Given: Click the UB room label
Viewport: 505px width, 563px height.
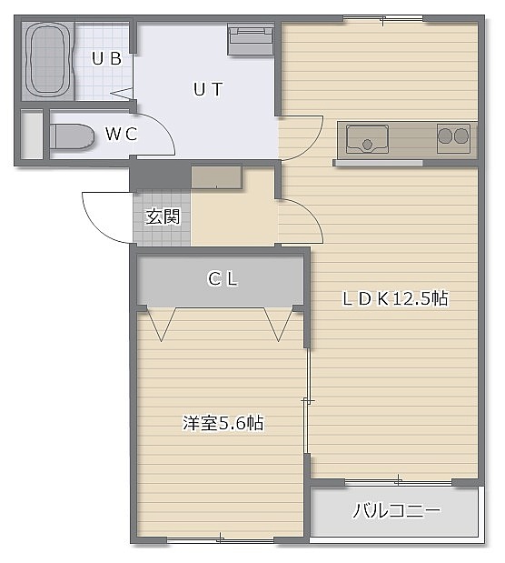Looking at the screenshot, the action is [106, 58].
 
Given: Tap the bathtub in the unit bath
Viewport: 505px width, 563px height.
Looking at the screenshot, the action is [48, 60].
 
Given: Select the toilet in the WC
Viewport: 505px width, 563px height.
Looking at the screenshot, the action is [72, 136].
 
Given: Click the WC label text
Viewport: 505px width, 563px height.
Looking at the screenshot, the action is [122, 135].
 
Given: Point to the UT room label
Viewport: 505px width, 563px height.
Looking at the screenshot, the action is [208, 89].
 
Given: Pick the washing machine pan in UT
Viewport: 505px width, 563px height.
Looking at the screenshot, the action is [251, 39].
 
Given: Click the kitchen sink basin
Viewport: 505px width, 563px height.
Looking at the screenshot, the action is [367, 139].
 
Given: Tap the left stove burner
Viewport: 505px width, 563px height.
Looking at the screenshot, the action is [445, 136].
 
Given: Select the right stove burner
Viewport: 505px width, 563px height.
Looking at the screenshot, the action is [460, 136].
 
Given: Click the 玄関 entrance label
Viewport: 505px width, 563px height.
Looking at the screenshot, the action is [163, 216].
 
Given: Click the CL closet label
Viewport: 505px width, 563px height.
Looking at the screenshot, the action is [223, 279].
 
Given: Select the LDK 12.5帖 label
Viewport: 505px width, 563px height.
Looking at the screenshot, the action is [395, 298].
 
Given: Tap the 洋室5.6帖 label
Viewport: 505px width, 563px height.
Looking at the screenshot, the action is [223, 423].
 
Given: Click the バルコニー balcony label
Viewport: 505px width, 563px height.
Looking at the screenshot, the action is [396, 510].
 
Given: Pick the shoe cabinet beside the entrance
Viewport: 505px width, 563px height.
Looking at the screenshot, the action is [216, 177].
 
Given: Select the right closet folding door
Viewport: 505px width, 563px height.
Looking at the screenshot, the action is [279, 324].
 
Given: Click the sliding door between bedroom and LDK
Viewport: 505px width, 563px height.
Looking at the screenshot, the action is [307, 401].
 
